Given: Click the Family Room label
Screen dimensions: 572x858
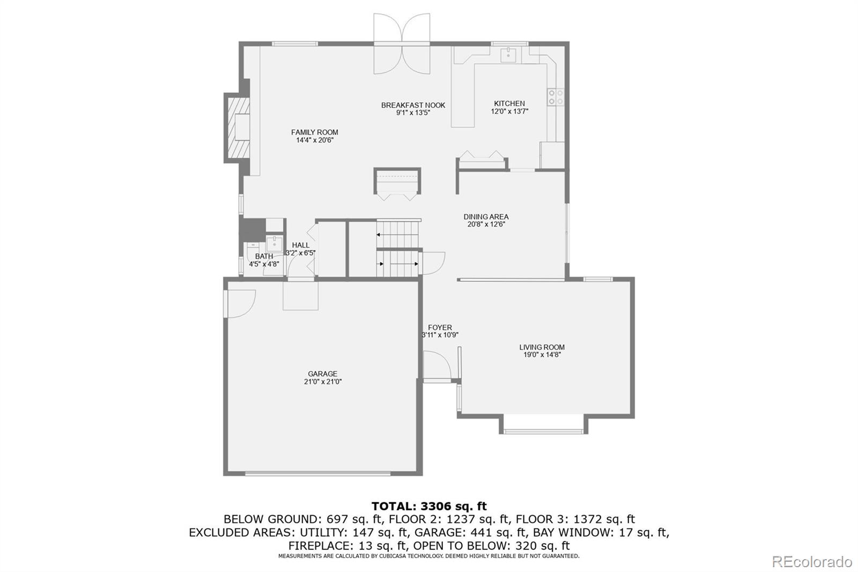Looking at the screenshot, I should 314,132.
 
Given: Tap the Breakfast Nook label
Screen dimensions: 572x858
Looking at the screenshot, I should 413,105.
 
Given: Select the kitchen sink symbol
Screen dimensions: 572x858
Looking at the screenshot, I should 508,54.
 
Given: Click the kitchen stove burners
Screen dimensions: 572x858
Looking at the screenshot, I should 555,97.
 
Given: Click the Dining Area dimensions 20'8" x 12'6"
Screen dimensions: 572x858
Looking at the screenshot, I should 486,225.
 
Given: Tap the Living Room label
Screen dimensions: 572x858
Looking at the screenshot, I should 542,347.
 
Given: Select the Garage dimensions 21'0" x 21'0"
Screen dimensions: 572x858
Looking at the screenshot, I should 322,382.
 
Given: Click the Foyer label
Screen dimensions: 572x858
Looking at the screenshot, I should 440,327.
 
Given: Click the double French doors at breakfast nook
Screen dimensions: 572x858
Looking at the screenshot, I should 402,44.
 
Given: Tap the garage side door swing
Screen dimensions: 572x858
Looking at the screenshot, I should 240,303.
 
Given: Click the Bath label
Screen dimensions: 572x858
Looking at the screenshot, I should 264,256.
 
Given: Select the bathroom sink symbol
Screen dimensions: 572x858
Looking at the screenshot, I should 275,244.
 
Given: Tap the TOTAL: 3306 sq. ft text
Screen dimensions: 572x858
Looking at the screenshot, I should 429,506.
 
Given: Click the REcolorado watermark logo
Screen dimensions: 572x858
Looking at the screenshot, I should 811,562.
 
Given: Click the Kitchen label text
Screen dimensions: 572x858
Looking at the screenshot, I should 509,104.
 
